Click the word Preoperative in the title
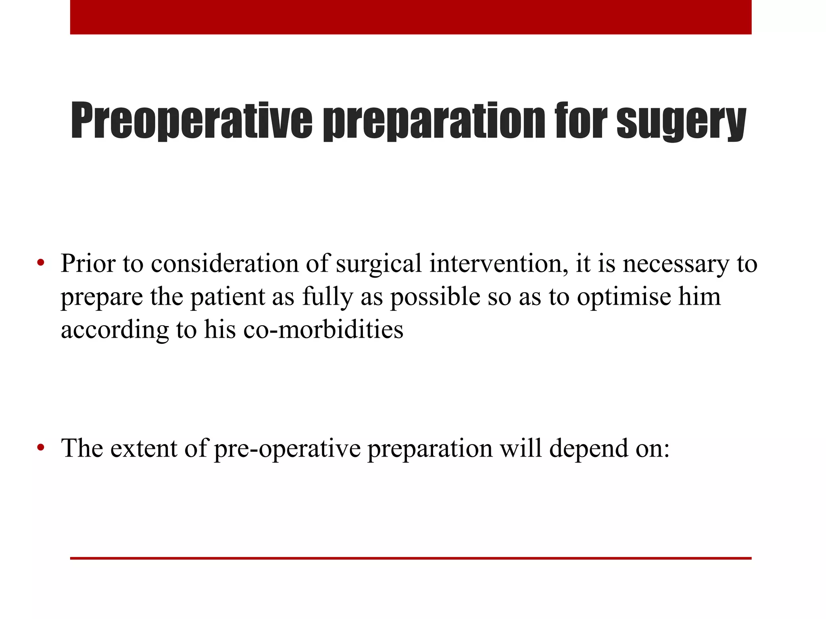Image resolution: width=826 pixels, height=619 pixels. (192, 121)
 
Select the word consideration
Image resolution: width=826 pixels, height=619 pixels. (225, 264)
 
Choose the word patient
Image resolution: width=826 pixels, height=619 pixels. (227, 297)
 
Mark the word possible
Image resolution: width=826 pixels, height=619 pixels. (435, 297)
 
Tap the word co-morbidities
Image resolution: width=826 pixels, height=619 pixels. (323, 329)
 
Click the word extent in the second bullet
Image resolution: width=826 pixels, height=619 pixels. (144, 448)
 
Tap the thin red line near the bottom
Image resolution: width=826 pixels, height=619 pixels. (411, 558)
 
